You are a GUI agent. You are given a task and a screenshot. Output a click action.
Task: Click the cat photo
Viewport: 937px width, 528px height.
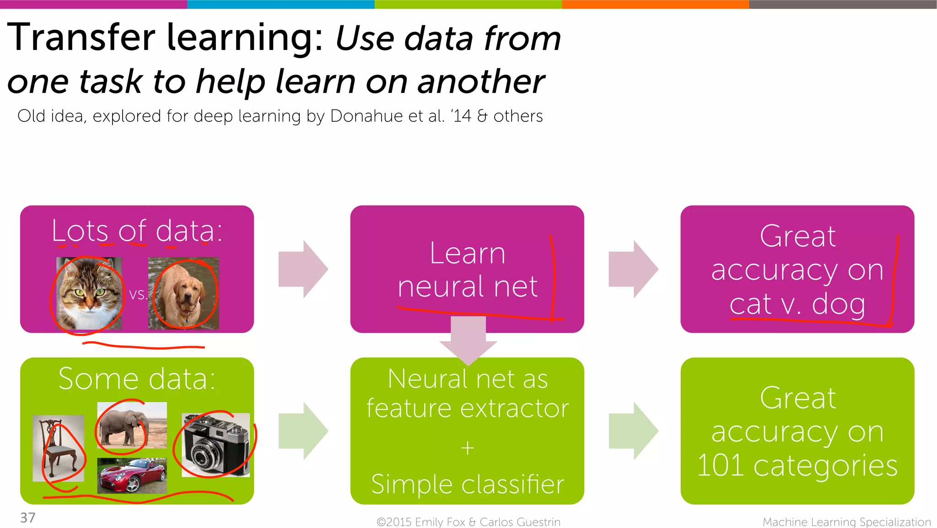click(89, 293)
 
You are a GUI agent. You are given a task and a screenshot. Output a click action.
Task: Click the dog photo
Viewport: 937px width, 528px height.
click(183, 293)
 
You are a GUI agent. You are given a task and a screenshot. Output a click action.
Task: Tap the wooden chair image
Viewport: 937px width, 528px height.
click(58, 448)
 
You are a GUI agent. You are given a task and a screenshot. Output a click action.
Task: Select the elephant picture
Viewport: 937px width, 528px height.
click(132, 425)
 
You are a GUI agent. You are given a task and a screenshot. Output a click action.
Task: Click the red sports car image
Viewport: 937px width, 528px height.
click(132, 476)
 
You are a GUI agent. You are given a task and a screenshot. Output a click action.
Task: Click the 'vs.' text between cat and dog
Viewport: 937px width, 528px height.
click(138, 294)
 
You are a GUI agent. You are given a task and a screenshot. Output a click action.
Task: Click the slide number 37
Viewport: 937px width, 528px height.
click(27, 517)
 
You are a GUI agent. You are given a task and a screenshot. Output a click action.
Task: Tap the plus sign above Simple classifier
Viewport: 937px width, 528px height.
click(467, 447)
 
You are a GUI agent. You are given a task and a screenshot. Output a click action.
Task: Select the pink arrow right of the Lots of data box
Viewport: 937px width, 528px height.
click(303, 269)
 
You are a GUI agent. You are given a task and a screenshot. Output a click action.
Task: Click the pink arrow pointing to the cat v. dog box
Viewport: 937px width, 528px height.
click(633, 269)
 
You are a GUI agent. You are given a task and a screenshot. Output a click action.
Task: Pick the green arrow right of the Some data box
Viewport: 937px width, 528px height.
click(303, 431)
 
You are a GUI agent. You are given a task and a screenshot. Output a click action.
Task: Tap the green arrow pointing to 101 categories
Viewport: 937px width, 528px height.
click(633, 431)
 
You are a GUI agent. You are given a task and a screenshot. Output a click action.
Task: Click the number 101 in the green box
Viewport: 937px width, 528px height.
click(720, 466)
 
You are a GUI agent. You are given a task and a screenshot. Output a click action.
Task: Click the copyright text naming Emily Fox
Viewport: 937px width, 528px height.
click(468, 522)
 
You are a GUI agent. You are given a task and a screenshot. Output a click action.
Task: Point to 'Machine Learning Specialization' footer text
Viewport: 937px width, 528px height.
click(846, 522)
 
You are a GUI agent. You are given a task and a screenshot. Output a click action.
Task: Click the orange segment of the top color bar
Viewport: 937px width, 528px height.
click(655, 4)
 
